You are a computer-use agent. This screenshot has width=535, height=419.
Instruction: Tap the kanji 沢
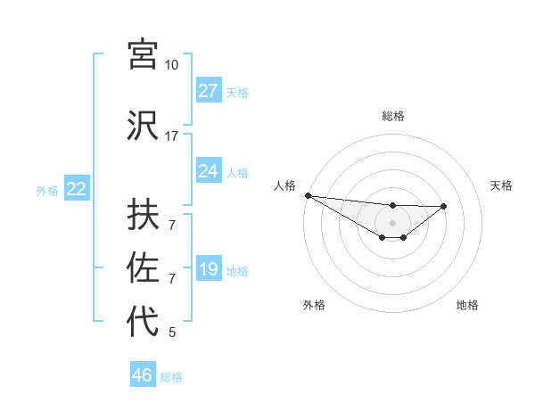point(143,125)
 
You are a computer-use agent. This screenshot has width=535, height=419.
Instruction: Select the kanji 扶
point(143,215)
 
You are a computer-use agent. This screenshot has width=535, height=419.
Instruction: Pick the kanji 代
point(143,321)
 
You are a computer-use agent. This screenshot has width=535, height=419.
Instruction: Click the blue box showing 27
point(208,91)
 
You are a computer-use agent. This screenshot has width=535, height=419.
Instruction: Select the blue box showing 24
point(208,171)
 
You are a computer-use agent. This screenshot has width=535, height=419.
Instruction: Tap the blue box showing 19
point(208,269)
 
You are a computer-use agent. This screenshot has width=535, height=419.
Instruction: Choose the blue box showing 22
point(76,189)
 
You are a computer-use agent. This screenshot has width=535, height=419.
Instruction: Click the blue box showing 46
point(143,375)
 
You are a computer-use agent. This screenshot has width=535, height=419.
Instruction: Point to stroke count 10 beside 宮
point(171,65)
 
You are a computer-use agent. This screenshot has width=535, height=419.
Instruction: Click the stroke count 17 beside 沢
point(171,136)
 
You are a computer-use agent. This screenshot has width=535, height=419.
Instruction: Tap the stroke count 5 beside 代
point(172,333)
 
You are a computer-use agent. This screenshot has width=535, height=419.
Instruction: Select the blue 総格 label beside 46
point(171,377)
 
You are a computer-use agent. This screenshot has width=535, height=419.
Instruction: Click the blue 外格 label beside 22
point(47,190)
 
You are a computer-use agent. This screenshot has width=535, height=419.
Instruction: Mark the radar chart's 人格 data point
point(308,195)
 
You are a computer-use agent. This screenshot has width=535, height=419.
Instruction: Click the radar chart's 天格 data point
point(444,206)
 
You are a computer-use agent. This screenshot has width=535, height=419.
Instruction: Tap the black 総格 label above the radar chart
point(392,116)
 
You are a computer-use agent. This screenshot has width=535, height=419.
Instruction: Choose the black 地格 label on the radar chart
point(467,305)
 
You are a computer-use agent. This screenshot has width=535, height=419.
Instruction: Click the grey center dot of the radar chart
point(392,222)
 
